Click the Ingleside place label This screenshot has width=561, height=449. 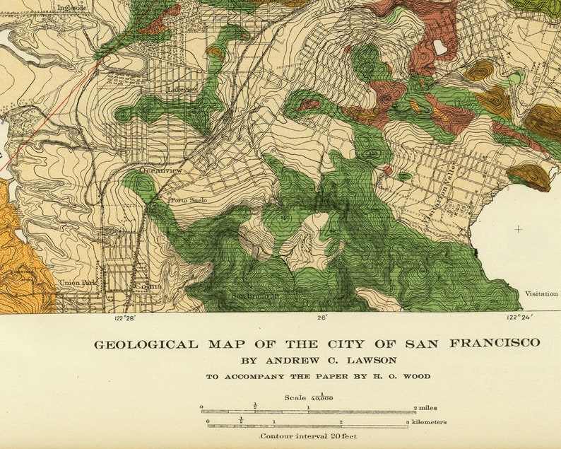(71, 8)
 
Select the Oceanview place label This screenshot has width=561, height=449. (160, 170)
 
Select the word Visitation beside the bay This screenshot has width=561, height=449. (541, 293)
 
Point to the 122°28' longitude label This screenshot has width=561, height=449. (124, 318)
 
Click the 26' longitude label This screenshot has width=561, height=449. (322, 318)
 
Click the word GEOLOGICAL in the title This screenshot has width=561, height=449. (146, 344)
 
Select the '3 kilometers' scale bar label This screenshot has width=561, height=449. (426, 421)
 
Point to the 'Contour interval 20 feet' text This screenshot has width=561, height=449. (308, 436)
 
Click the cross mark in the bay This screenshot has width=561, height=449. (519, 229)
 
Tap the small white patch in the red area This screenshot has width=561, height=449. (440, 47)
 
